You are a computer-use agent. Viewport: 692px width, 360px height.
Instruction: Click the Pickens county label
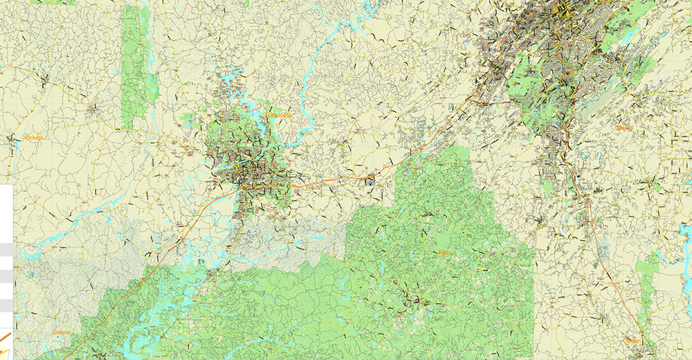click(x=33, y=138)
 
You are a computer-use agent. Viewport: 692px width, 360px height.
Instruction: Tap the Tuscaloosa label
click(x=279, y=115)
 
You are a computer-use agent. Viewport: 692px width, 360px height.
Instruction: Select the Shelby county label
click(x=625, y=127)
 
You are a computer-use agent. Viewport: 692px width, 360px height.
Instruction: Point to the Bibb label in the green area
click(x=444, y=253)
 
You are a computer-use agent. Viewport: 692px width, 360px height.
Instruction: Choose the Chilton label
click(x=631, y=341)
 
